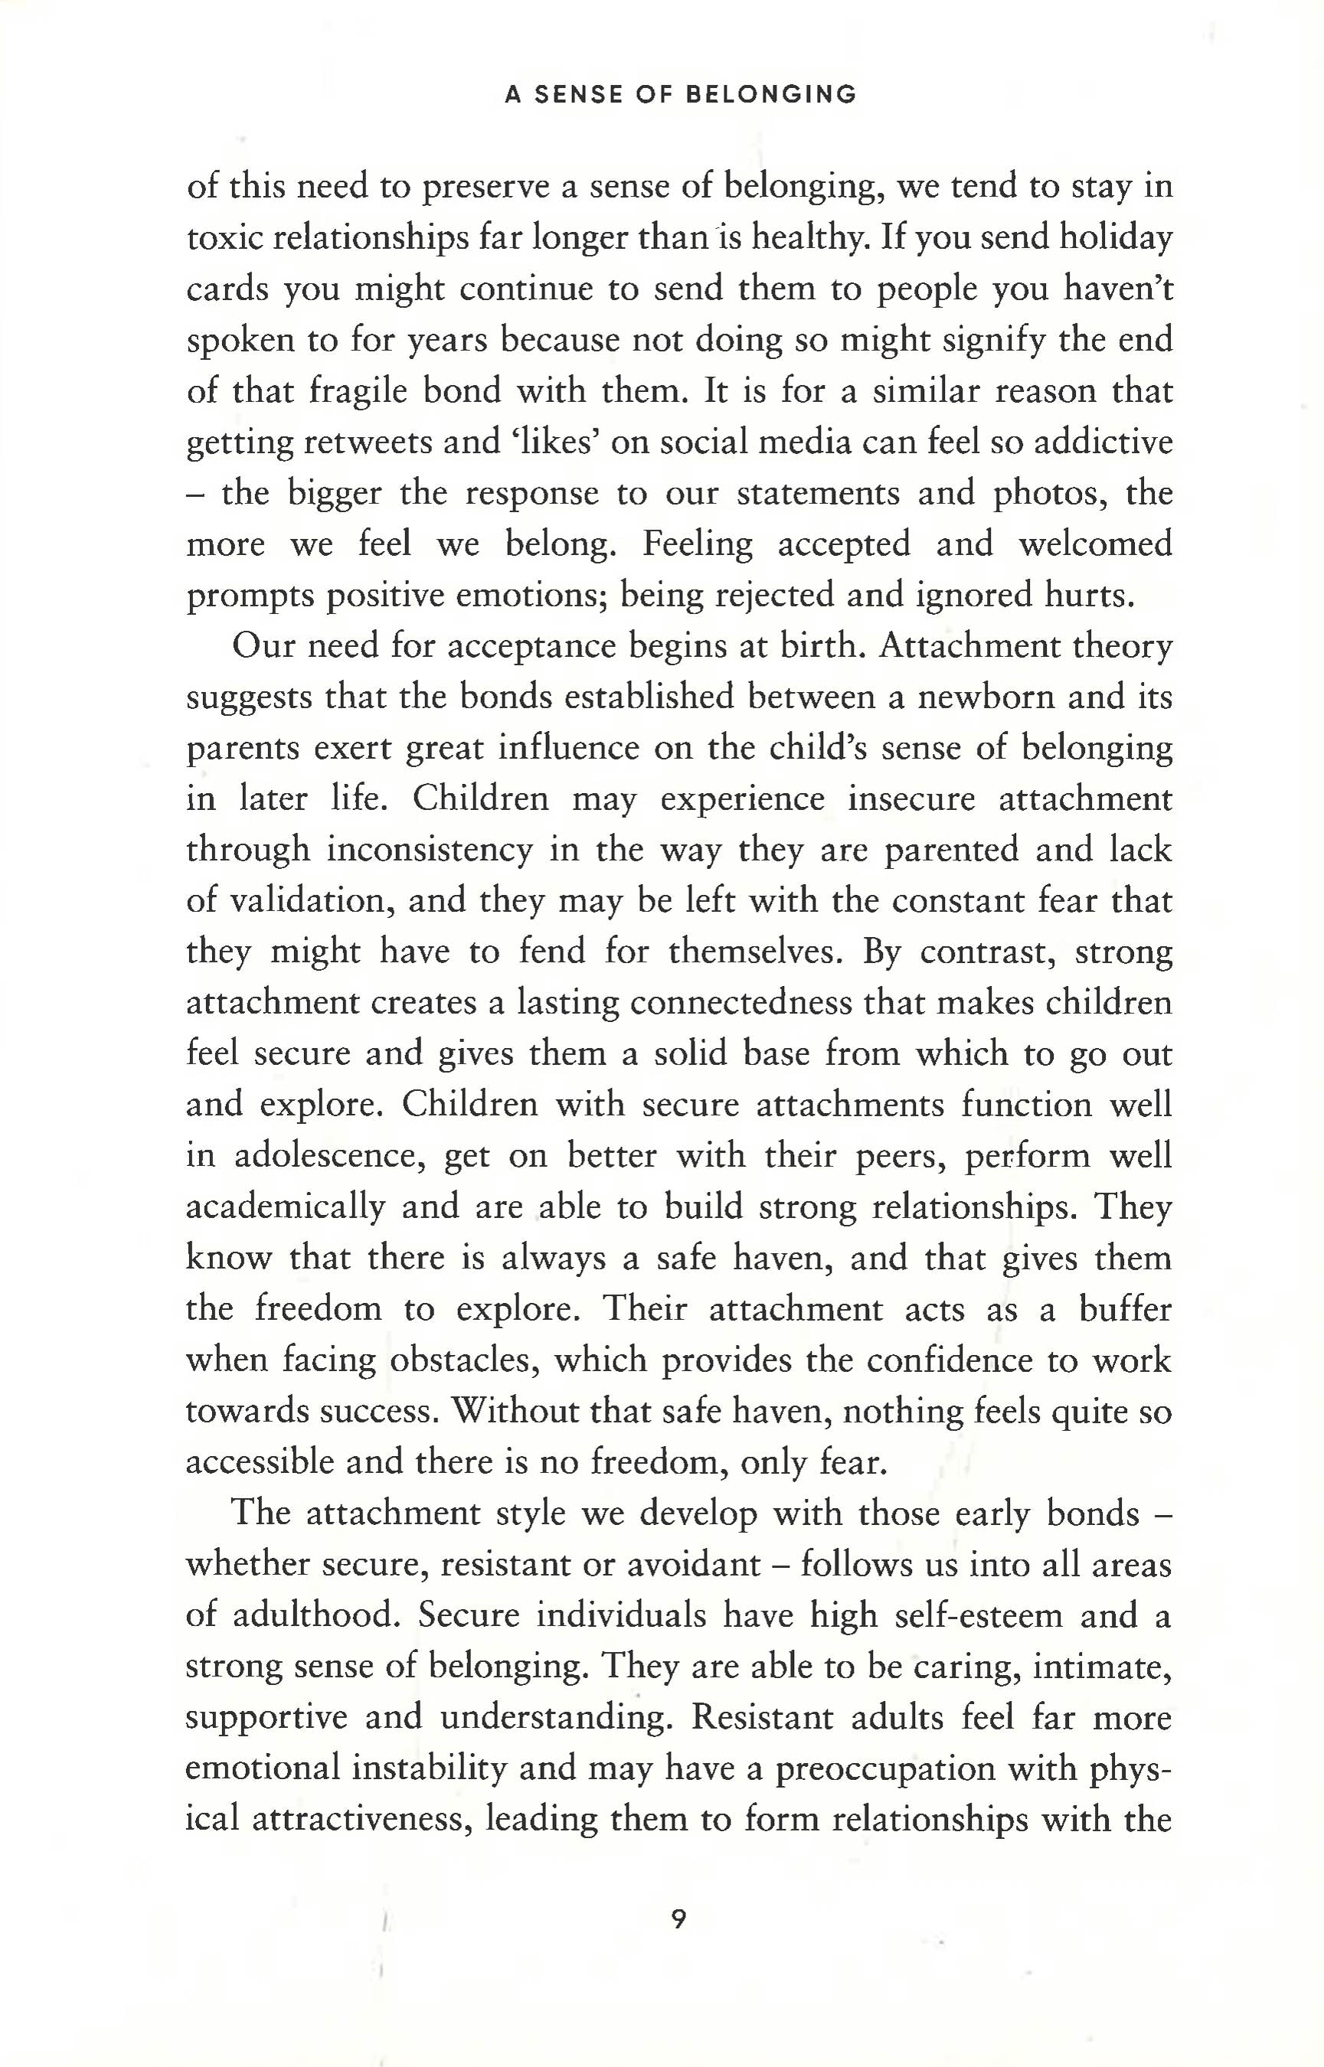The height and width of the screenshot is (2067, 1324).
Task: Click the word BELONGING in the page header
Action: (771, 94)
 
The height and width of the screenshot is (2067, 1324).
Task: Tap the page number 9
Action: (678, 1918)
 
